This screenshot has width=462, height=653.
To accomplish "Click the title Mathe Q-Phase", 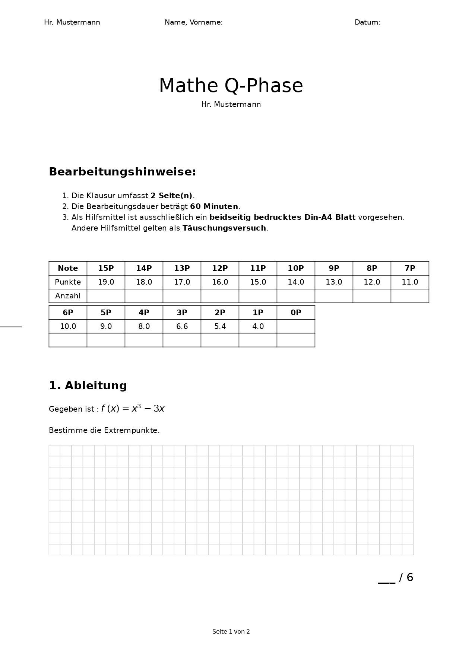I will coord(231,86).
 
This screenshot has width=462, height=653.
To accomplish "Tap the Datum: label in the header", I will coord(367,22).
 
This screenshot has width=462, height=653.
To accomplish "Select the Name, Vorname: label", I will coord(193,22).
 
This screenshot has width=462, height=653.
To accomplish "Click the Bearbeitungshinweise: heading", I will coord(122,172).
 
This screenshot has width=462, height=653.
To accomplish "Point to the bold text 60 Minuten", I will coord(214,206).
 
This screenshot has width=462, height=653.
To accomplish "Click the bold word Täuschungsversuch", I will coord(224,228).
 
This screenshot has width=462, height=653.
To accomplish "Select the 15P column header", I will coord(106,268).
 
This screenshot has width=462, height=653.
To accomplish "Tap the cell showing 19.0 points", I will coord(106,282).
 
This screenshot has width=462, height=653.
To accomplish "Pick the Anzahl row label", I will coord(68,296).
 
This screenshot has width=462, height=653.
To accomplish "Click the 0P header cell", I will coord(296,313).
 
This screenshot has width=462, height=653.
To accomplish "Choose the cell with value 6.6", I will coord(182,326).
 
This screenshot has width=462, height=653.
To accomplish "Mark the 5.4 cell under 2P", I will coord(220,326).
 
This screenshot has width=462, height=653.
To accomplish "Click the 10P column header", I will coord(296,268).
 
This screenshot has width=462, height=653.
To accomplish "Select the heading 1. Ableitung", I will coord(88,386).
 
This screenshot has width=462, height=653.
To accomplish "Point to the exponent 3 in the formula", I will coord(139,406).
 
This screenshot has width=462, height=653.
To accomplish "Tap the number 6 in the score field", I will coord(410,577).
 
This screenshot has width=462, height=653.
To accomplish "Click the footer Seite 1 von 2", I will coord(231,631).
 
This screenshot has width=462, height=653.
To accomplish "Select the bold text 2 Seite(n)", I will coord(171,196).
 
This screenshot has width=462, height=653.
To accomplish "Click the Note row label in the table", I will coord(68,268).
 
